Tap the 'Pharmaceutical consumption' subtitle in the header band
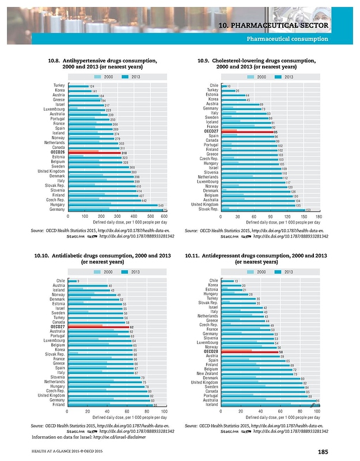pos(287,39)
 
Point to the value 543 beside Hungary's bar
pos(162,205)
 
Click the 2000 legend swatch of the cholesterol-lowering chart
pos(251,77)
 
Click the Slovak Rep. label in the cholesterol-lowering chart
pos(207,209)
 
